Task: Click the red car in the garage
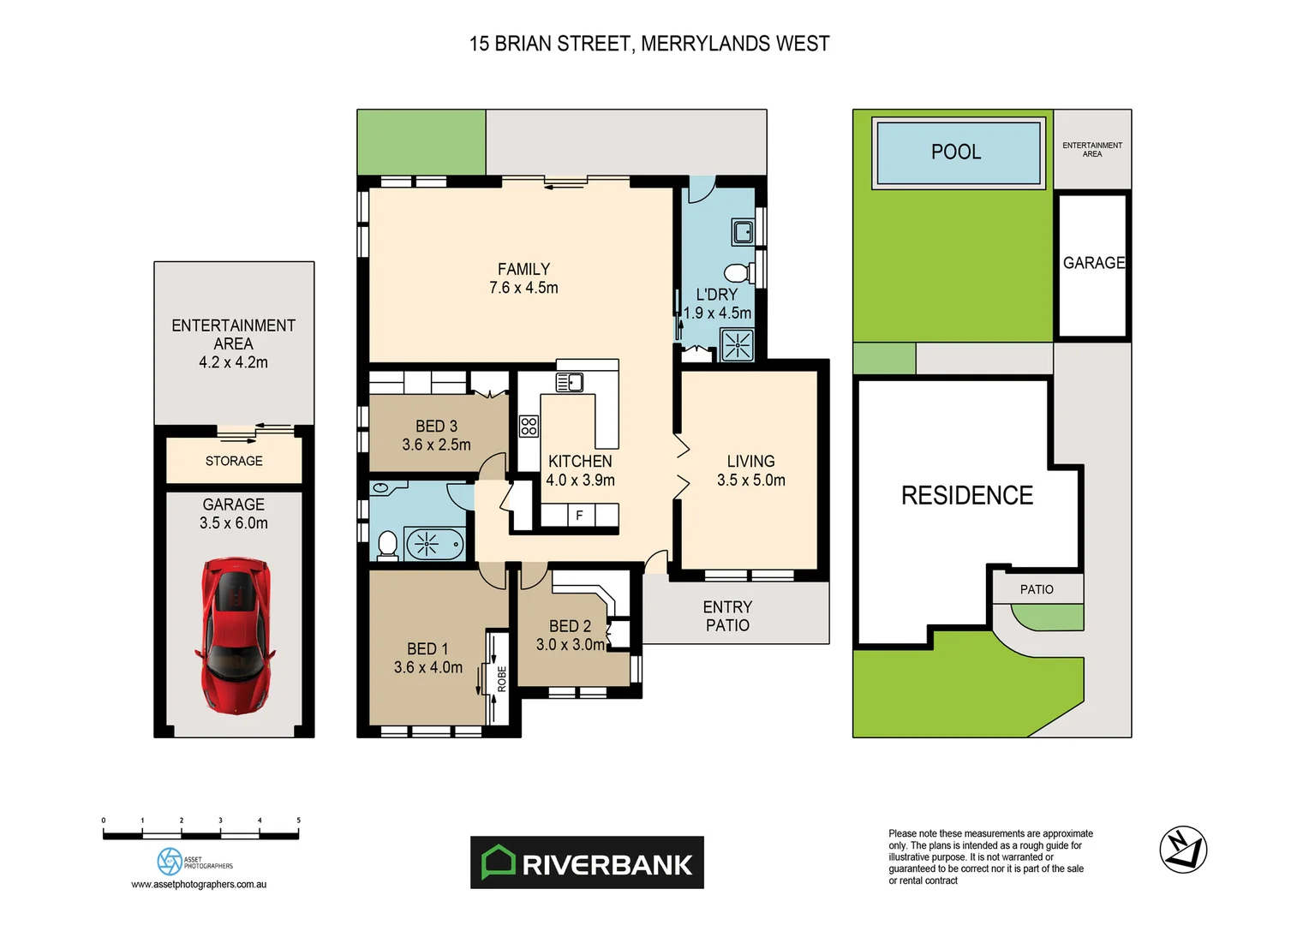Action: point(235,636)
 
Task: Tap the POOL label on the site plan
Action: point(956,152)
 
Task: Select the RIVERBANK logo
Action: point(587,862)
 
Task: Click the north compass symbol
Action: point(1183,850)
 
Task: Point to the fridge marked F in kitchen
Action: point(580,515)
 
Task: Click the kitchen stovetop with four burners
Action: point(529,426)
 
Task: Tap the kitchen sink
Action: point(570,382)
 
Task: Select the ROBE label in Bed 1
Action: point(502,678)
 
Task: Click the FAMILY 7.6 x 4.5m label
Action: point(523,278)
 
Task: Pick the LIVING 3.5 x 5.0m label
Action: point(750,470)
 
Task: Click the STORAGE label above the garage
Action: point(234,461)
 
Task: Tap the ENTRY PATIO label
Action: point(727,616)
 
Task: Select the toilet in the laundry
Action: point(736,273)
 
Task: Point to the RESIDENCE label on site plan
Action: point(967,495)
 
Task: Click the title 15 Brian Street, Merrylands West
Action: point(649,44)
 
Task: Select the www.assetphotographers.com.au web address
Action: point(199,884)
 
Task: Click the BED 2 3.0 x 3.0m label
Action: point(570,636)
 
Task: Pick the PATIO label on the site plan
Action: point(1037,589)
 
